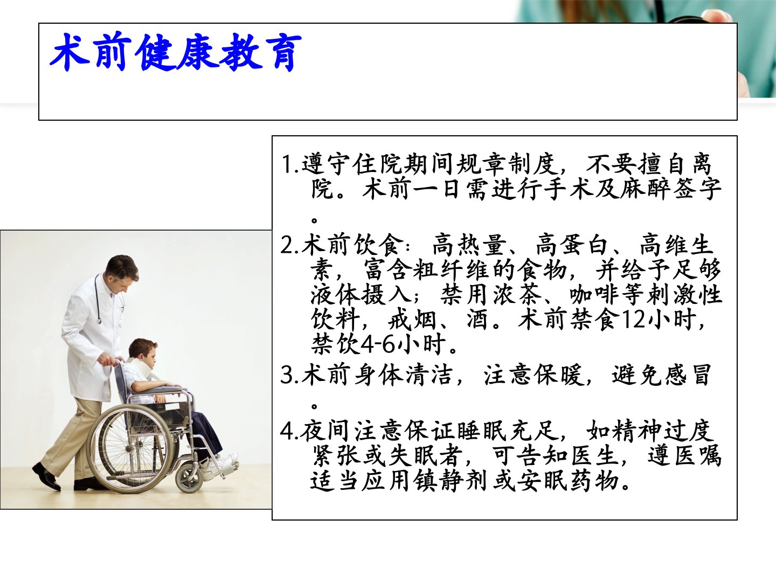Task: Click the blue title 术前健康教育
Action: (176, 52)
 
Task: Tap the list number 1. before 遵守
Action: (290, 165)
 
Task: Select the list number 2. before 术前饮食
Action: (290, 245)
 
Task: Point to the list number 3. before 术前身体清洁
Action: (290, 375)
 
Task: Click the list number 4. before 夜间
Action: (290, 431)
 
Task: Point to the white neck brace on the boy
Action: (140, 368)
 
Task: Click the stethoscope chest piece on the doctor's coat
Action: (99, 321)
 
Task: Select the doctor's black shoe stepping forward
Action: (46, 476)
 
